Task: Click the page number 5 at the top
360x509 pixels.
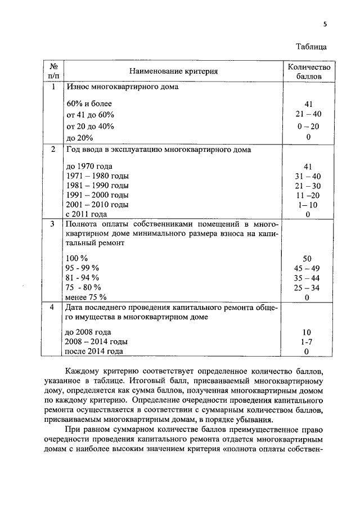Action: click(325, 25)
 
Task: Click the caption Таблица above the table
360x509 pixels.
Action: click(311, 47)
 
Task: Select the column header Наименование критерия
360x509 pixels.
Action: click(173, 71)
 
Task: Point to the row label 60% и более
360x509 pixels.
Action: click(89, 104)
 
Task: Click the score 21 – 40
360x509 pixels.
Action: click(308, 115)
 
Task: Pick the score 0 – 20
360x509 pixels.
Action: click(308, 127)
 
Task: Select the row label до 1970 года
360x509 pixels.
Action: click(89, 166)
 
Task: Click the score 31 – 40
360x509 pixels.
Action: click(308, 175)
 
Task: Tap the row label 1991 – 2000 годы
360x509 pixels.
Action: click(97, 195)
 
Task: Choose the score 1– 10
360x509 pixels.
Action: click(308, 204)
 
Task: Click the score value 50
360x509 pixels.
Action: click(308, 258)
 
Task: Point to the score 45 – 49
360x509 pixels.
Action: click(308, 268)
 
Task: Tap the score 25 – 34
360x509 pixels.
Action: click(308, 287)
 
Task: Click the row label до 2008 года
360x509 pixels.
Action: click(88, 332)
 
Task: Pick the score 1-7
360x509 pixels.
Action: click(308, 341)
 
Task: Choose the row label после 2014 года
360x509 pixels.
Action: click(94, 352)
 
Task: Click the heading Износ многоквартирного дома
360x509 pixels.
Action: click(122, 88)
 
